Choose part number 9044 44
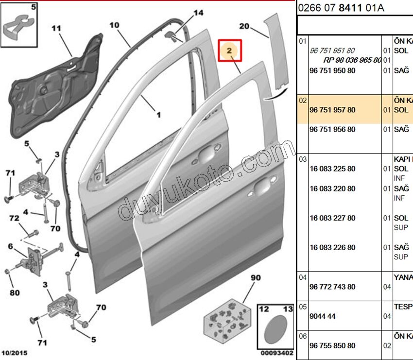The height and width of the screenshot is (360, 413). pos(322,316)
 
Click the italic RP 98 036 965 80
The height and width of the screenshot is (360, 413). pos(352,60)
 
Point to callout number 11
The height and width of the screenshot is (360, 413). pos(56,28)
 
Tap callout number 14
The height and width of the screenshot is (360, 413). pos(198,13)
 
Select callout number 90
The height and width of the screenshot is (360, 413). pos(256,278)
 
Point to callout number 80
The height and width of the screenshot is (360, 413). pos(15,292)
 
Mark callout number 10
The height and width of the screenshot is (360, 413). pos(114,24)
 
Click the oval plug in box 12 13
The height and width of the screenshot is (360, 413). pos(275,329)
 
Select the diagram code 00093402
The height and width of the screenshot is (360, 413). pos(275,352)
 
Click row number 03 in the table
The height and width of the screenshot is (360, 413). pos(302,159)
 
